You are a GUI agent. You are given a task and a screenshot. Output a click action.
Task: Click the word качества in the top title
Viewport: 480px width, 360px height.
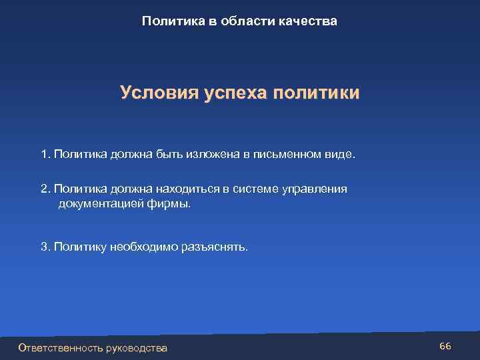coord(309,21)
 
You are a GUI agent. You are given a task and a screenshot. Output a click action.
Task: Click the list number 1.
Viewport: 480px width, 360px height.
coord(45,155)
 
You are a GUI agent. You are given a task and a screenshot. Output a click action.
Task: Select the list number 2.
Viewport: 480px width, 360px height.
coord(45,189)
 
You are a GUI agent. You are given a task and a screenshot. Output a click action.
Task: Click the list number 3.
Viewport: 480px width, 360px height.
coord(45,247)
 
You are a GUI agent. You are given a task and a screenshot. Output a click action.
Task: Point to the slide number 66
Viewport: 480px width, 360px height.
coord(445,346)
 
